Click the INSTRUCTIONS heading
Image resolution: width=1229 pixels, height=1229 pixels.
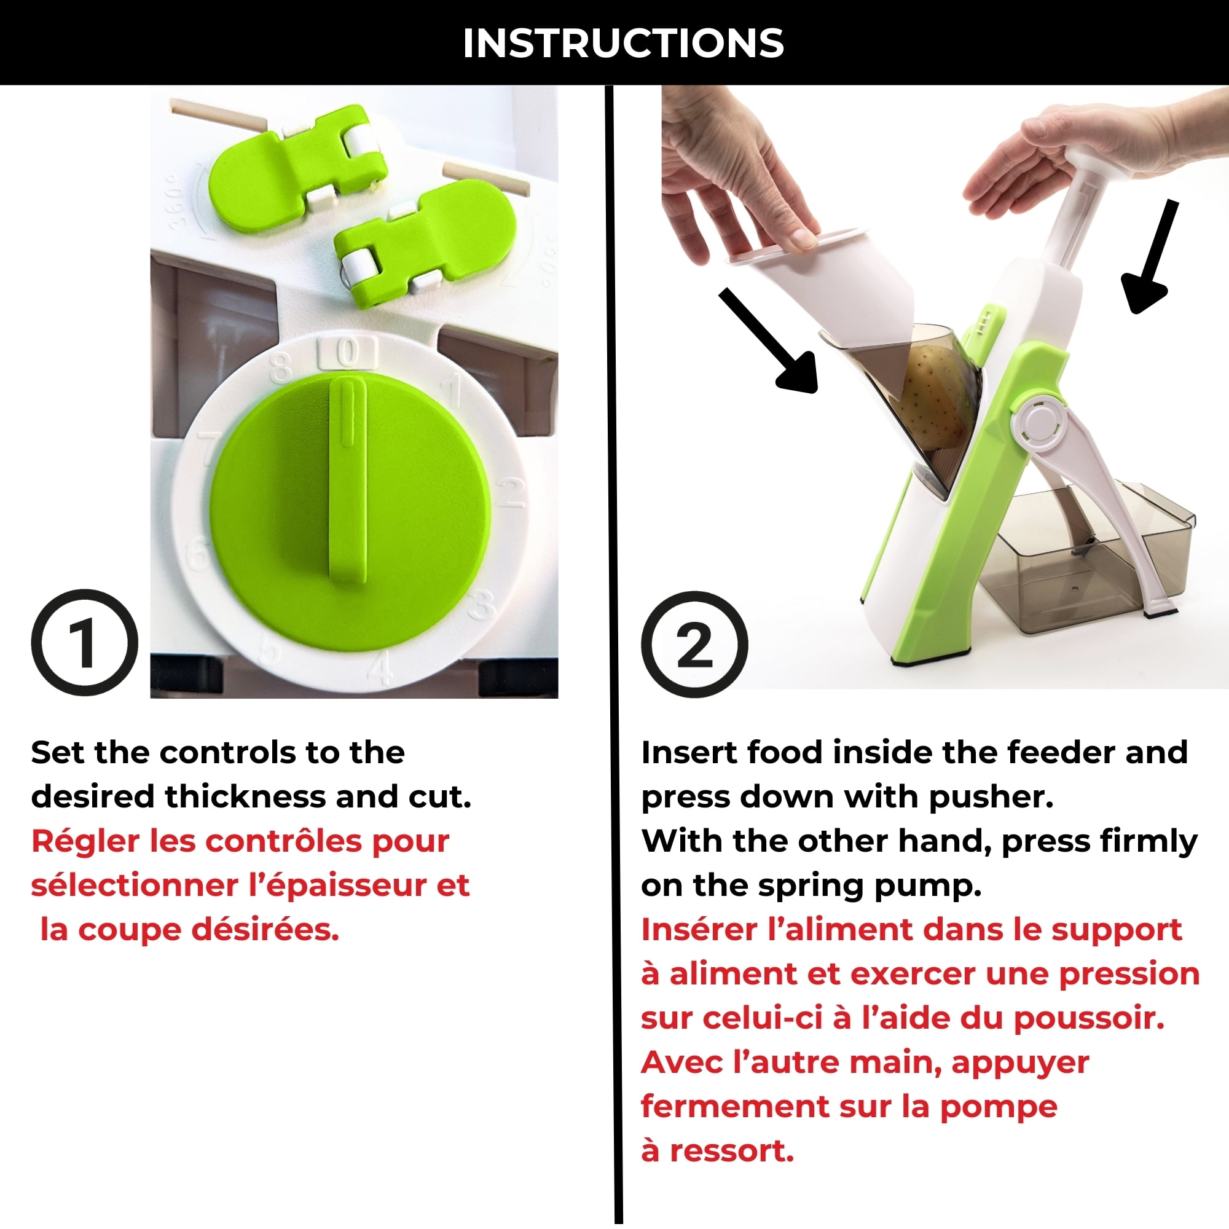pos(622,43)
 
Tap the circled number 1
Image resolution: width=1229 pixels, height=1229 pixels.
pos(84,643)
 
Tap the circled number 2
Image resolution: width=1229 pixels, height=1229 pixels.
pos(694,645)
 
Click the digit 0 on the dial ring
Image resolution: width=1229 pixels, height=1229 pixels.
pos(347,351)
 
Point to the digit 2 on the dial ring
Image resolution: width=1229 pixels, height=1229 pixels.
pos(510,492)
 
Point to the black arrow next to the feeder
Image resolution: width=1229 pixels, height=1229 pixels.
pos(771,341)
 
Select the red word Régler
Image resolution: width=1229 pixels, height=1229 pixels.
pos(85,842)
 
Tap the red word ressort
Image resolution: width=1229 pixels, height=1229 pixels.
pos(731,1152)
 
